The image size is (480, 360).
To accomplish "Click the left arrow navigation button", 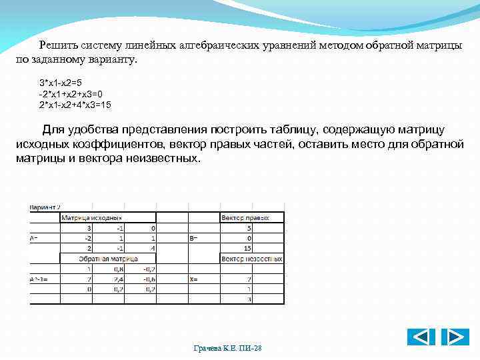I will click(x=421, y=337).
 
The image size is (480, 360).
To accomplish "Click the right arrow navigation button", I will click(x=455, y=337).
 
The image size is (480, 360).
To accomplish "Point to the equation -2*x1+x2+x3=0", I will click(x=71, y=94).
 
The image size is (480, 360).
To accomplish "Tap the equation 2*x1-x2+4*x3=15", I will click(x=75, y=105).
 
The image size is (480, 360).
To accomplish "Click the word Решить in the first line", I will click(x=59, y=45).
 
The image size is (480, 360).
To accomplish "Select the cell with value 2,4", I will click(x=117, y=279).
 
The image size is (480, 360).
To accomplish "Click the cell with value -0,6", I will click(x=147, y=279).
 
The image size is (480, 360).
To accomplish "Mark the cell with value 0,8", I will click(x=117, y=269).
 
